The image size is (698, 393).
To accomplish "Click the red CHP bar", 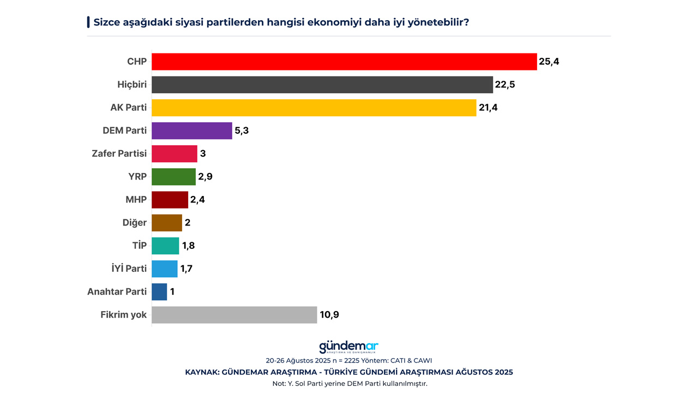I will click(344, 62).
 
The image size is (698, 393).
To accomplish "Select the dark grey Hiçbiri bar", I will click(322, 85).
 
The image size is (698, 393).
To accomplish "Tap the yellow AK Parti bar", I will click(314, 108).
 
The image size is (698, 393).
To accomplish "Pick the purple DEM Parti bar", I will click(192, 130).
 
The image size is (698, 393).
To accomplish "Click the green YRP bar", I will click(173, 177).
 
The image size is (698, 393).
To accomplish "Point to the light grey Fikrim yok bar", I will click(234, 315).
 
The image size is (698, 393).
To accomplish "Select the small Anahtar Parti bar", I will click(159, 291).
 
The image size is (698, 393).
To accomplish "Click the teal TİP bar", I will click(165, 246).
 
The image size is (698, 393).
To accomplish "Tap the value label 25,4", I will click(549, 62).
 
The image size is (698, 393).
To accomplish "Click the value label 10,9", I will click(329, 315).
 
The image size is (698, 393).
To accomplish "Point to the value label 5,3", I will click(242, 131).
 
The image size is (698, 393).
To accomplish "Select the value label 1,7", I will click(186, 269).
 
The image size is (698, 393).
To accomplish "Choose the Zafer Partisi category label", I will click(119, 153).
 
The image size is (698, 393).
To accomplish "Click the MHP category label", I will click(136, 200).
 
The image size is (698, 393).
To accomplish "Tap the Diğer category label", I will click(134, 223).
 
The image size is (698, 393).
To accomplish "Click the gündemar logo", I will click(348, 347).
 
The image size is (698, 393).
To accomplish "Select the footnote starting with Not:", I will click(349, 383).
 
